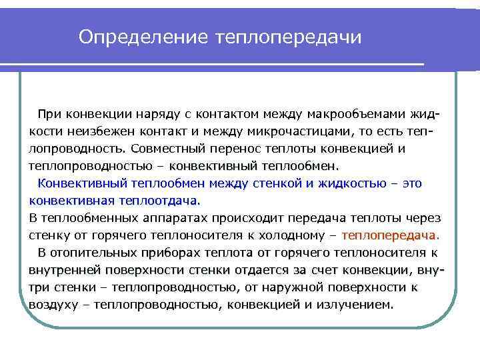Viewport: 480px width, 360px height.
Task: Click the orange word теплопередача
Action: (388, 235)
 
